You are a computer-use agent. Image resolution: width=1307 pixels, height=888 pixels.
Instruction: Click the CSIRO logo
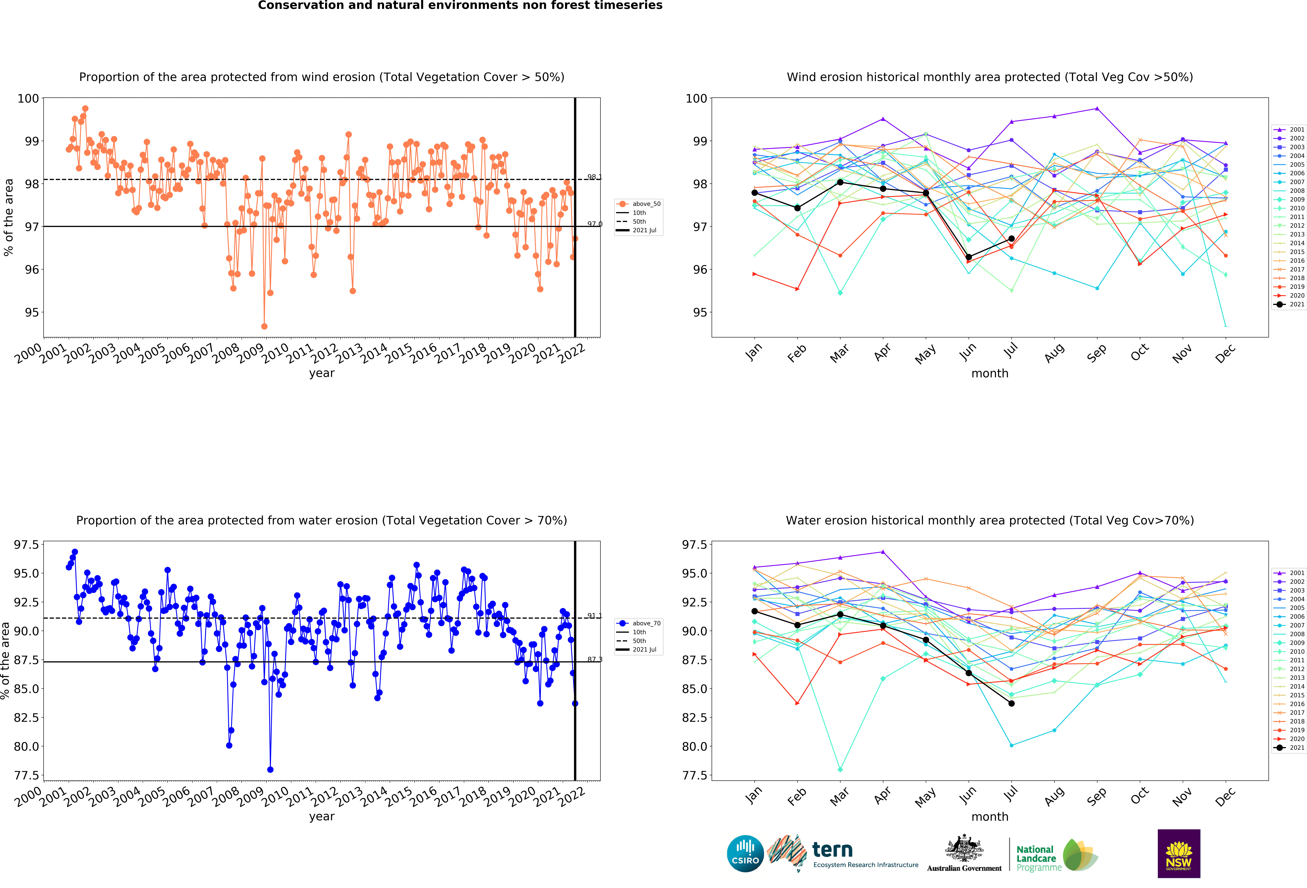pyautogui.click(x=745, y=853)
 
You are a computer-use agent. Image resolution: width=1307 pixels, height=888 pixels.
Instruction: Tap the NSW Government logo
pyautogui.click(x=1179, y=853)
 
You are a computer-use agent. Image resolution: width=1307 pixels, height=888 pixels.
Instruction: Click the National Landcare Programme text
pyautogui.click(x=1039, y=858)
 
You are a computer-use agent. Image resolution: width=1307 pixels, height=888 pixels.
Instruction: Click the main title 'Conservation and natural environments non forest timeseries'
pyautogui.click(x=460, y=6)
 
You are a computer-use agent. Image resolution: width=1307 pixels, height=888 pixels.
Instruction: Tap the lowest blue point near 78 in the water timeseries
pyautogui.click(x=271, y=769)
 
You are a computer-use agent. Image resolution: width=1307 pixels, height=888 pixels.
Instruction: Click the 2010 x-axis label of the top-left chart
pyautogui.click(x=276, y=353)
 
